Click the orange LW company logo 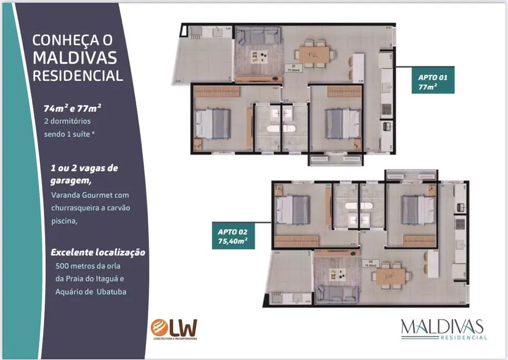point(173,328)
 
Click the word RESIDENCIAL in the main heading point(77,76)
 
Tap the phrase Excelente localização point(99,252)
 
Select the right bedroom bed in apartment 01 point(340,123)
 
